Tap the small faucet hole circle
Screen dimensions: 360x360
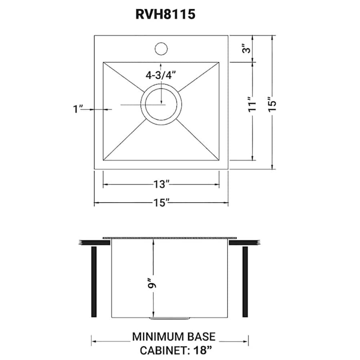(x=161, y=48)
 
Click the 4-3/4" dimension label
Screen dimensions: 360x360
(x=161, y=74)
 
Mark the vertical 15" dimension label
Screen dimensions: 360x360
(x=272, y=103)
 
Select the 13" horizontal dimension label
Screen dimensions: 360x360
(x=161, y=184)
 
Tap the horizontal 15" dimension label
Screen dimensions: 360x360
(x=161, y=203)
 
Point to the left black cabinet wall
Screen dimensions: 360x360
(x=94, y=282)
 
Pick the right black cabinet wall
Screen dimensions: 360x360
(x=245, y=282)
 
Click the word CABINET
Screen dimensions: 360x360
(x=161, y=351)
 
